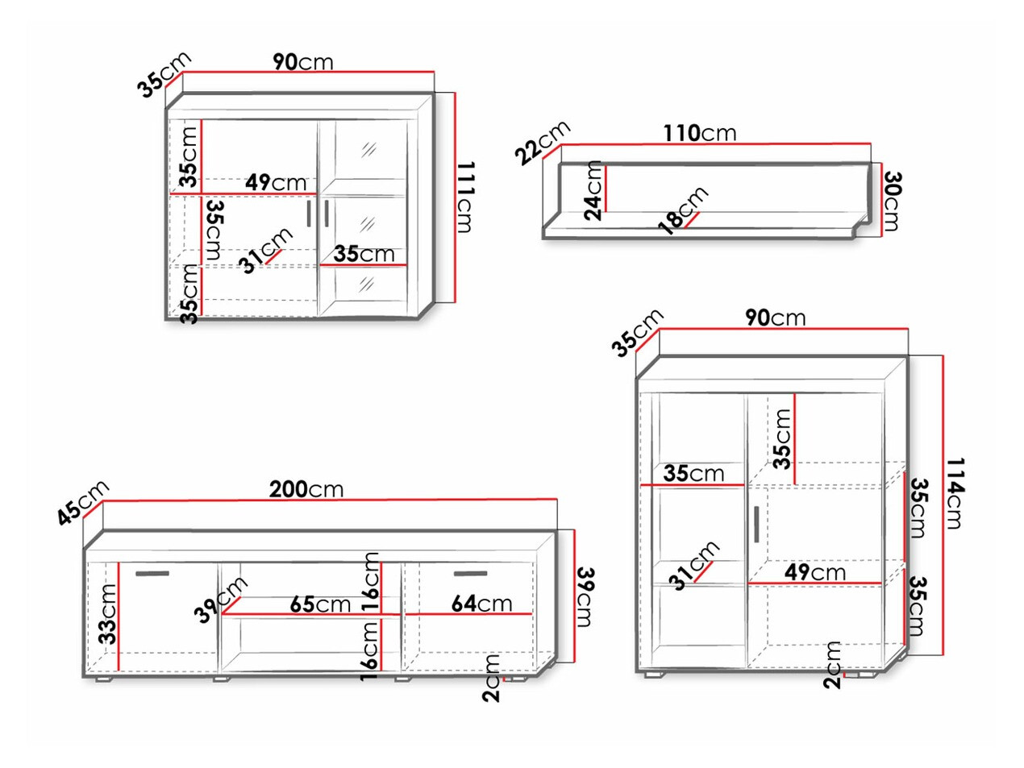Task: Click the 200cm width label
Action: [x=306, y=489]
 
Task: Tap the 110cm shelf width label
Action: [x=699, y=133]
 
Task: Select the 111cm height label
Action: [x=464, y=197]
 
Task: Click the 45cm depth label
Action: [x=82, y=502]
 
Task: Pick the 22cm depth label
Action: [x=543, y=142]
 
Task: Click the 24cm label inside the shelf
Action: [x=593, y=190]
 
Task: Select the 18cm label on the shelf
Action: [x=683, y=210]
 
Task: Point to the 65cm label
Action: [x=320, y=604]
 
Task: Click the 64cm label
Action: [x=481, y=604]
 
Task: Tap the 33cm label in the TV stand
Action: [x=107, y=614]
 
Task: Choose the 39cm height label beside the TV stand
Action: [x=585, y=596]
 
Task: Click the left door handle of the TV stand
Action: [x=152, y=574]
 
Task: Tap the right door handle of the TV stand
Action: [x=471, y=574]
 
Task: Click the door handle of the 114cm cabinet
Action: [x=756, y=524]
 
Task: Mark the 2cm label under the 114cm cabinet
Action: [x=833, y=665]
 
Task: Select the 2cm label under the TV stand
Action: [x=492, y=679]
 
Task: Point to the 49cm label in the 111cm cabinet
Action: [x=276, y=183]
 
